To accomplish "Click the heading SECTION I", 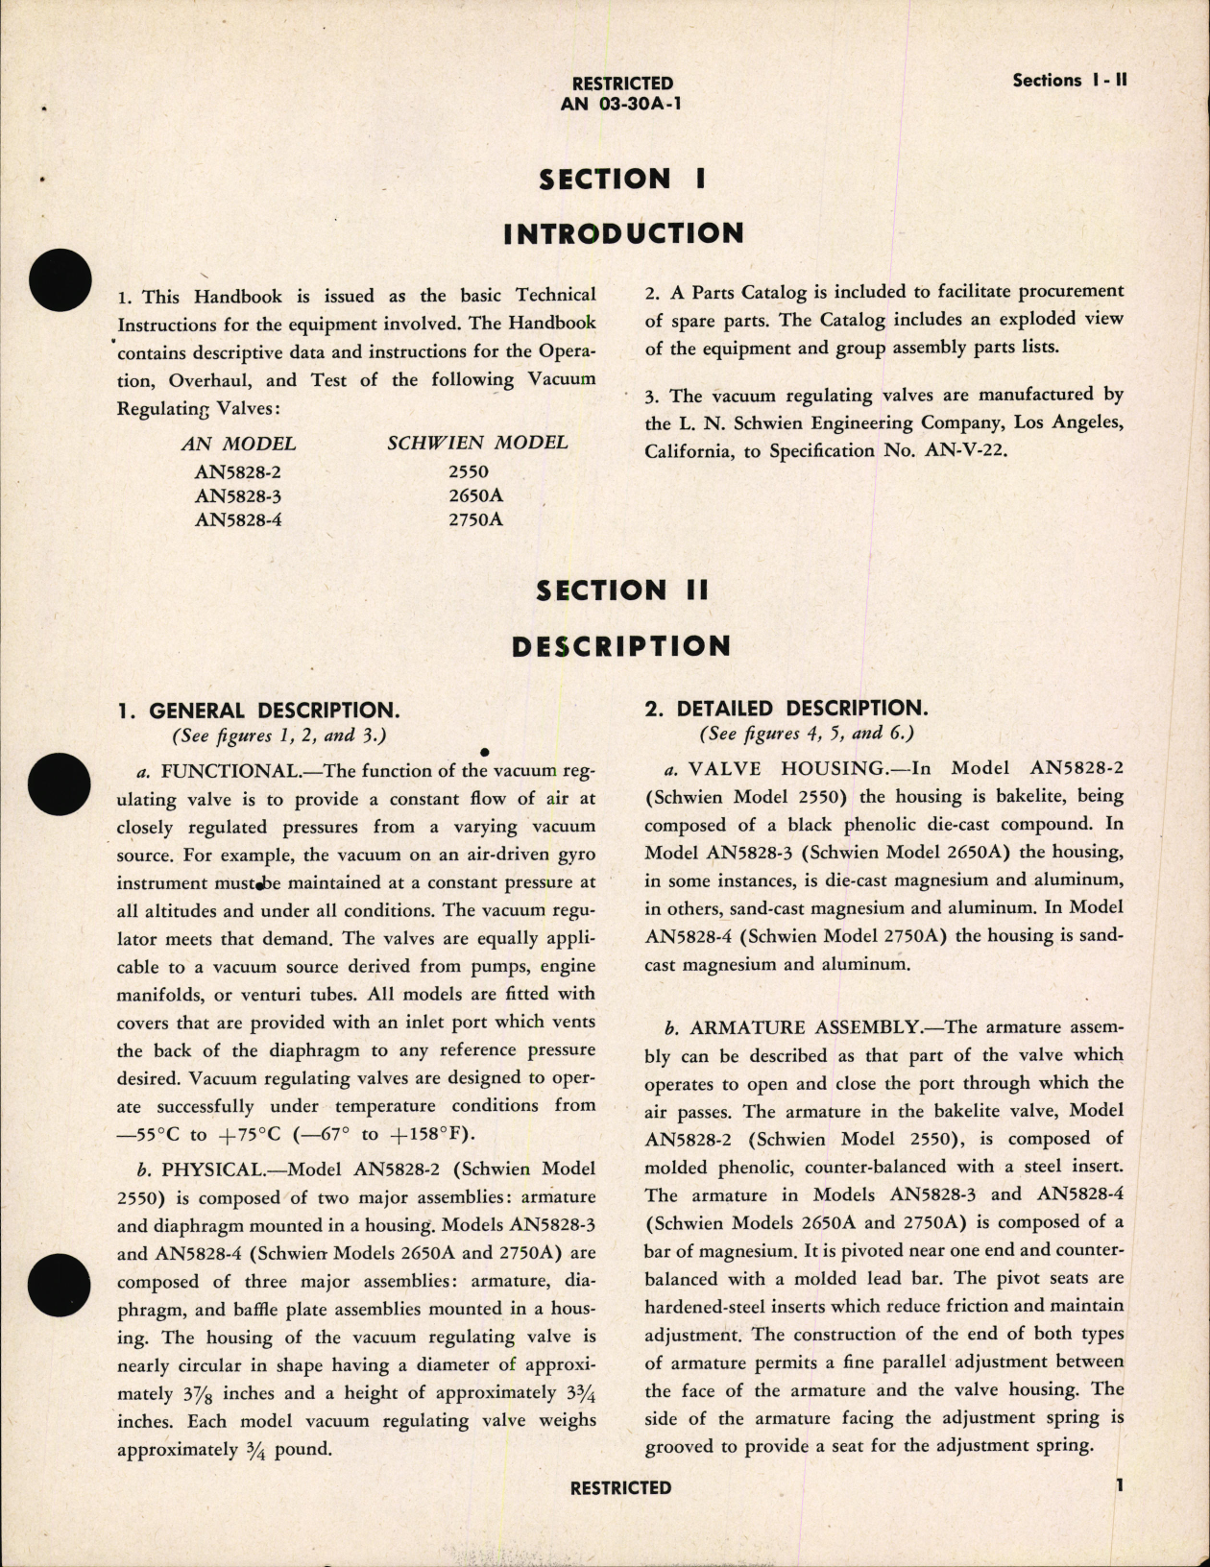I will pyautogui.click(x=620, y=179).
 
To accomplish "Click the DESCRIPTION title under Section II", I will pyautogui.click(x=620, y=646).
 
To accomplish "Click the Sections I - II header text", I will pyautogui.click(x=1070, y=81).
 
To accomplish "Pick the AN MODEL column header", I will pyautogui.click(x=238, y=445).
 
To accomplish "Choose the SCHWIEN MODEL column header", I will pyautogui.click(x=477, y=443).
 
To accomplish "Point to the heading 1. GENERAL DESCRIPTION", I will pyautogui.click(x=257, y=711).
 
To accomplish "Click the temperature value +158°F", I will pyautogui.click(x=432, y=1134).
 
